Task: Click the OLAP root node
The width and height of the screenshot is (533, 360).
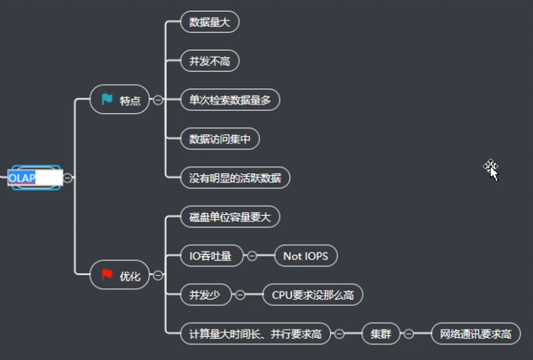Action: [x=34, y=178]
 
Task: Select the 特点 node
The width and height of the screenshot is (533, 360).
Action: [x=121, y=100]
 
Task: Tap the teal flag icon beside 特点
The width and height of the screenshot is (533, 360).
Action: [x=107, y=100]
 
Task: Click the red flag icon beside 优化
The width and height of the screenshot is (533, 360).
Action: [x=107, y=275]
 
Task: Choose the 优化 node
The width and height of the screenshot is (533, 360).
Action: [x=121, y=275]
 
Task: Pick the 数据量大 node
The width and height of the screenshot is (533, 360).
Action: [x=210, y=22]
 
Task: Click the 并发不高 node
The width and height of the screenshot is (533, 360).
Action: [x=210, y=61]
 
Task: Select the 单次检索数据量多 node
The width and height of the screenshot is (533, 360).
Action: [x=230, y=100]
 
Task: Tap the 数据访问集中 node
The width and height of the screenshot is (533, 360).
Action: [x=220, y=139]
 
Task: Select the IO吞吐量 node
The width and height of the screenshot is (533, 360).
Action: [x=210, y=256]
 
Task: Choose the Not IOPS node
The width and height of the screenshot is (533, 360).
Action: [x=306, y=256]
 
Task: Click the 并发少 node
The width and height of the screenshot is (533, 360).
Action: [x=205, y=295]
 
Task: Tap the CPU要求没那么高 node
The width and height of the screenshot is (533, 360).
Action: [x=313, y=295]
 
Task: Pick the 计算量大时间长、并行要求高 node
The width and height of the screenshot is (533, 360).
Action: [x=255, y=334]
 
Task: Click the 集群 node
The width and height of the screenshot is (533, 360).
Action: [x=380, y=334]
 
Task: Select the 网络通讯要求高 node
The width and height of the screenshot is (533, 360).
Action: [x=476, y=334]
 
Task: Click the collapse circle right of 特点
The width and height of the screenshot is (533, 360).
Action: [x=158, y=100]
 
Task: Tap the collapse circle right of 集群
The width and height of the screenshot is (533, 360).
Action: [x=408, y=334]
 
